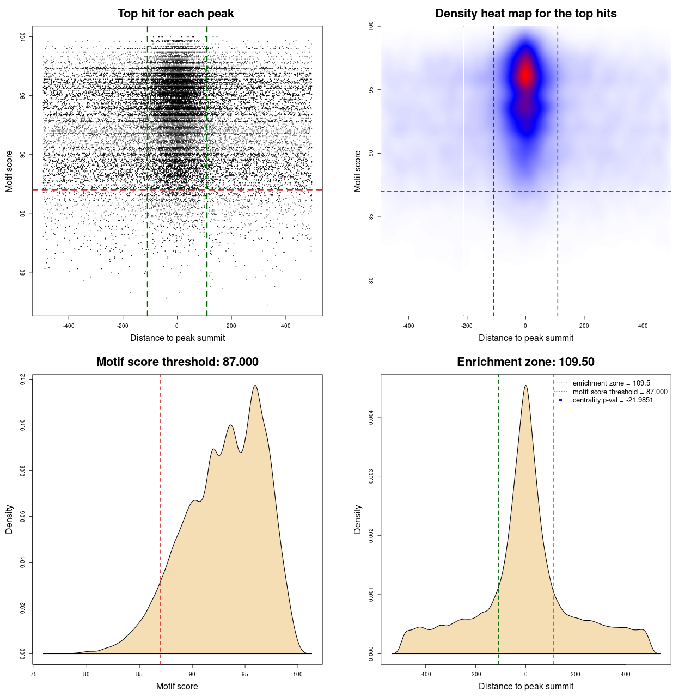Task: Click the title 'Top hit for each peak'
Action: click(175, 14)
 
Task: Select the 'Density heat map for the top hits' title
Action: click(525, 14)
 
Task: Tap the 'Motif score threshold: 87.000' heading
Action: click(177, 362)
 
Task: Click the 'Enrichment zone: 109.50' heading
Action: click(525, 362)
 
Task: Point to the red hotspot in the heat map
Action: click(525, 74)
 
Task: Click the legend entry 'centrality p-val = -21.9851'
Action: click(613, 400)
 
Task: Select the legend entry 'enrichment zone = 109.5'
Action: click(611, 383)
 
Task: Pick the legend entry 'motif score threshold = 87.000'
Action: click(620, 392)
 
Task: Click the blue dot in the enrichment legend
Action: click(560, 400)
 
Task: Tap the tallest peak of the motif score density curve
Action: click(255, 386)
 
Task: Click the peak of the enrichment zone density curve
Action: click(525, 386)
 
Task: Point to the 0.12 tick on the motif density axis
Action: click(23, 379)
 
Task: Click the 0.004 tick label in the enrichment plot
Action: click(371, 418)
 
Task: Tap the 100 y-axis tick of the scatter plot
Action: click(23, 36)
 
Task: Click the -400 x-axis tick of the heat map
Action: click(408, 326)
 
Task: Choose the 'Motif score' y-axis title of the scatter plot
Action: click(9, 172)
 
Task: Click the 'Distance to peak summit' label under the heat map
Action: click(525, 338)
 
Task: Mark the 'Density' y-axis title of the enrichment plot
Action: click(358, 519)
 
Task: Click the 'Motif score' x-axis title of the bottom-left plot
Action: click(177, 687)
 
